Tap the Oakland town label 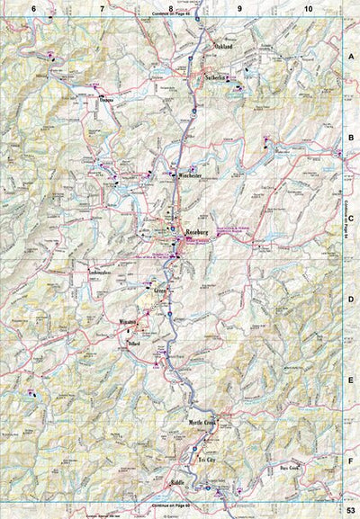click(223, 45)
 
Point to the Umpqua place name click(108, 101)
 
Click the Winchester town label click(193, 175)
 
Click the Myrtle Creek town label click(202, 422)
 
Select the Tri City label click(207, 459)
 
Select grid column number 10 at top click(310, 8)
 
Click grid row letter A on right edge click(352, 54)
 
